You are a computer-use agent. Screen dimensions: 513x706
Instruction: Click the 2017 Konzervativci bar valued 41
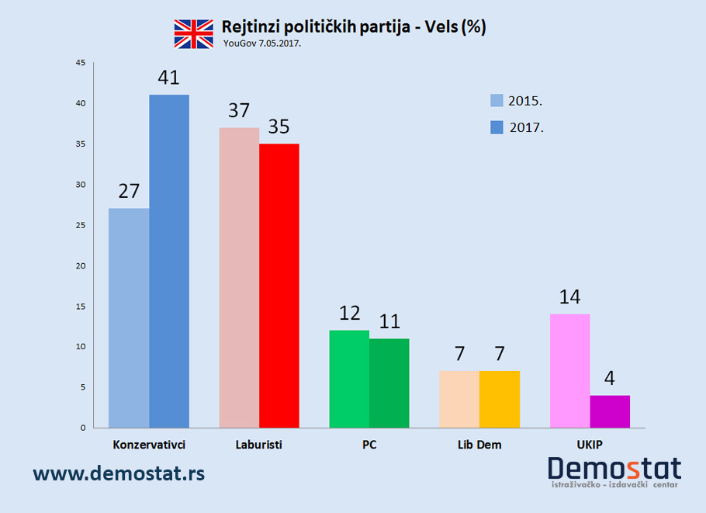click(169, 261)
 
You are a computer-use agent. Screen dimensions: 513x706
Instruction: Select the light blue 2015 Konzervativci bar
click(129, 317)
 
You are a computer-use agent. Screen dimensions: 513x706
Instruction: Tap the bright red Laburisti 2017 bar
click(279, 286)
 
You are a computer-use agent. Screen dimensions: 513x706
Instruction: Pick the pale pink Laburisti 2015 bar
click(239, 277)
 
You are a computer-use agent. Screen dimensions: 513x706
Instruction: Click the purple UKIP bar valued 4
click(610, 411)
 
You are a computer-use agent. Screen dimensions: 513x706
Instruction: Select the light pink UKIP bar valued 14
click(569, 371)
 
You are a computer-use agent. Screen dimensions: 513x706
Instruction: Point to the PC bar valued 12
click(349, 379)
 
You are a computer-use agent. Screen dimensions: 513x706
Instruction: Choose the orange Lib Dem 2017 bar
click(500, 399)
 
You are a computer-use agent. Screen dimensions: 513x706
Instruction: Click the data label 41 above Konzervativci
click(168, 78)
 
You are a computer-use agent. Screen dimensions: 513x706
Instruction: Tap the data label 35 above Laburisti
click(279, 127)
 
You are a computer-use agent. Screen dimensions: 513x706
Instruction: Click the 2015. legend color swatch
click(497, 100)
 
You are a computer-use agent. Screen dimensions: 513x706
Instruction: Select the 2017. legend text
click(527, 128)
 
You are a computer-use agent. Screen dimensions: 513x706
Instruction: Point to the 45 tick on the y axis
click(81, 63)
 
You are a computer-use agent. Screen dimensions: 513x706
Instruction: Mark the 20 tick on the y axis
click(81, 265)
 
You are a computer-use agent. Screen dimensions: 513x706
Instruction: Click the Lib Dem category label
click(479, 445)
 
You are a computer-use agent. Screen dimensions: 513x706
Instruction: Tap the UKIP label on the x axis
click(590, 445)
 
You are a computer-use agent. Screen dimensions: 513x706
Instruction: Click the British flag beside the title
click(193, 33)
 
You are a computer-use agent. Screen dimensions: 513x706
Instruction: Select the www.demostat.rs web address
click(119, 472)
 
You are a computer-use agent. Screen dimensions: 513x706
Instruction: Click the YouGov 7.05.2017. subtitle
click(261, 43)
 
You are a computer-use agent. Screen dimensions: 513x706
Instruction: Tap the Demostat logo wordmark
click(614, 469)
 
